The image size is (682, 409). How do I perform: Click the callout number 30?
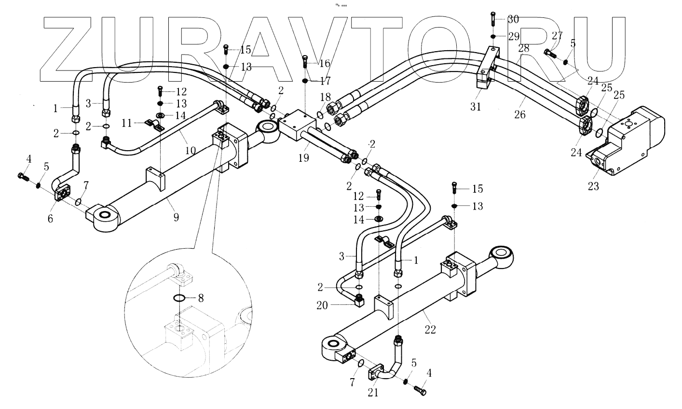pyautogui.click(x=513, y=19)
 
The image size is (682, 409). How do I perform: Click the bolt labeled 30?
pyautogui.click(x=492, y=19)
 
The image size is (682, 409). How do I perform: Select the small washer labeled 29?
pyautogui.click(x=492, y=36)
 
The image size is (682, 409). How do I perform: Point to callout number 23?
pyautogui.click(x=593, y=185)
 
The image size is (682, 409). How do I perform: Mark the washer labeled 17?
pyautogui.click(x=305, y=81)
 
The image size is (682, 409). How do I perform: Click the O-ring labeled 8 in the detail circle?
pyautogui.click(x=178, y=298)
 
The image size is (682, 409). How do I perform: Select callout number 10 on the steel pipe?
pyautogui.click(x=191, y=151)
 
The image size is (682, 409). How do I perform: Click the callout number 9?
pyautogui.click(x=177, y=217)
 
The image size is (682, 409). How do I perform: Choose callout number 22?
pyautogui.click(x=430, y=329)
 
